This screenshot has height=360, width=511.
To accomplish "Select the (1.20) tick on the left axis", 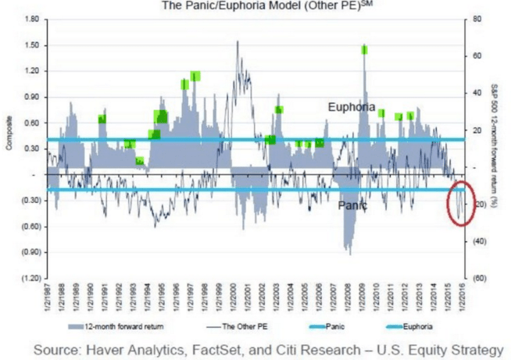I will click(30, 278).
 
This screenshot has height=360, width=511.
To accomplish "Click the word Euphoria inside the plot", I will click(351, 107).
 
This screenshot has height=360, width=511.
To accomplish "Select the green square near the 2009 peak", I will click(364, 50).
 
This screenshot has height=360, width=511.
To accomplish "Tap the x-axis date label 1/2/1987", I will click(48, 297).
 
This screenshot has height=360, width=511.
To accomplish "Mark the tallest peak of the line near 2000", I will click(238, 41).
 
